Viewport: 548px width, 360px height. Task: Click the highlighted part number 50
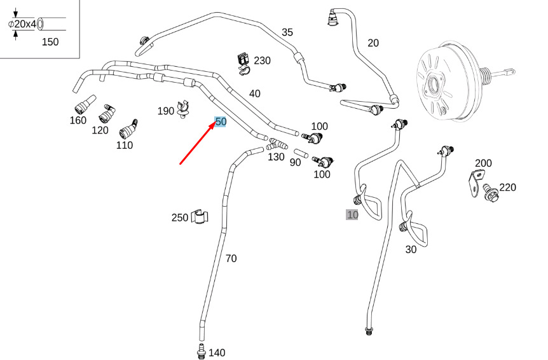221,121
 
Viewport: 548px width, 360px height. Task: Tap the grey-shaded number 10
352,214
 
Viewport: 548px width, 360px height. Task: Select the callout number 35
287,32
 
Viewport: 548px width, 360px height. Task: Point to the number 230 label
262,60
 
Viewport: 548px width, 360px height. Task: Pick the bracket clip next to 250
200,217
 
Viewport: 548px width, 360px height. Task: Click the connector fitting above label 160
85,104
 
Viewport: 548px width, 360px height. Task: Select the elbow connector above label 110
128,129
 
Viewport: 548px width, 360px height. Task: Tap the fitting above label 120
107,113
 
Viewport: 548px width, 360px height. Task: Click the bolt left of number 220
491,193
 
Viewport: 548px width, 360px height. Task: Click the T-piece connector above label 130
277,144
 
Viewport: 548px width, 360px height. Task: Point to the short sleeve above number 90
301,153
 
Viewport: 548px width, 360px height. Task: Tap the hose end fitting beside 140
201,351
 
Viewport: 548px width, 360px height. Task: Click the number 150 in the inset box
50,42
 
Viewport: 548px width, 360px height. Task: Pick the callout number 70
231,258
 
